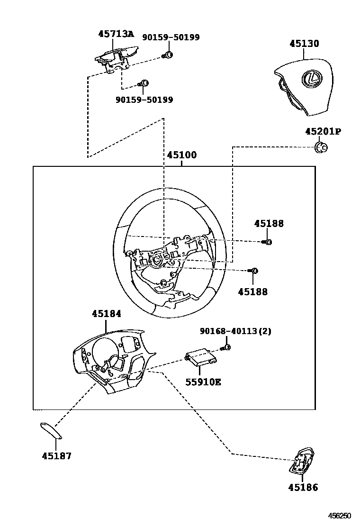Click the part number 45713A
point(116,34)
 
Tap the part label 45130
point(304,44)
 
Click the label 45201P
point(323,131)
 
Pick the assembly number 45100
point(182,155)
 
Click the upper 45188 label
point(269,223)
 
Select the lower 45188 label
point(252,292)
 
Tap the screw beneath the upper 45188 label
point(267,242)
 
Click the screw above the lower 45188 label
point(253,271)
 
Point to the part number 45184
point(106,313)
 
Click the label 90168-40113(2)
point(235,331)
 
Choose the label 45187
point(56,456)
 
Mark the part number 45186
point(303,487)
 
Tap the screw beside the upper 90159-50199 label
point(168,55)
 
